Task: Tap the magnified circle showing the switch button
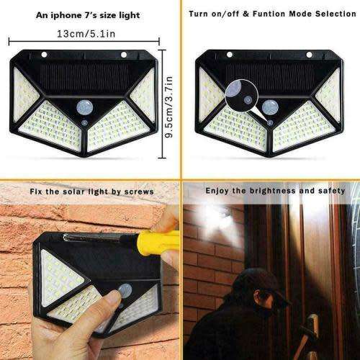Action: tap(242, 94)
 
